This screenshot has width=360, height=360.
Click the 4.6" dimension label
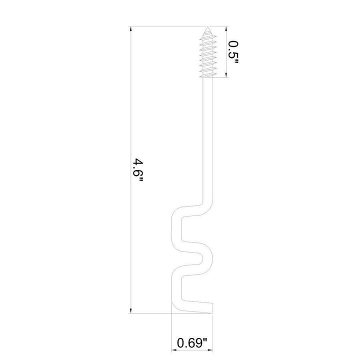click(x=138, y=170)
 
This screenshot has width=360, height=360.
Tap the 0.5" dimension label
click(x=233, y=53)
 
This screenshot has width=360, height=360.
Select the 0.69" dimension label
click(x=192, y=343)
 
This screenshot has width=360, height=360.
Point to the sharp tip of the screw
click(x=207, y=26)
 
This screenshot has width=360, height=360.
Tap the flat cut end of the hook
click(x=212, y=307)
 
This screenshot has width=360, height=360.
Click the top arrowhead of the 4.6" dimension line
click(x=131, y=29)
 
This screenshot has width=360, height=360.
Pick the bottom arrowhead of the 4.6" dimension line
click(x=131, y=310)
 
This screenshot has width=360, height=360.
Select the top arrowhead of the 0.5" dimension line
click(x=226, y=29)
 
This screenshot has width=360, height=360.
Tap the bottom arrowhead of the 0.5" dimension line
click(x=226, y=75)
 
